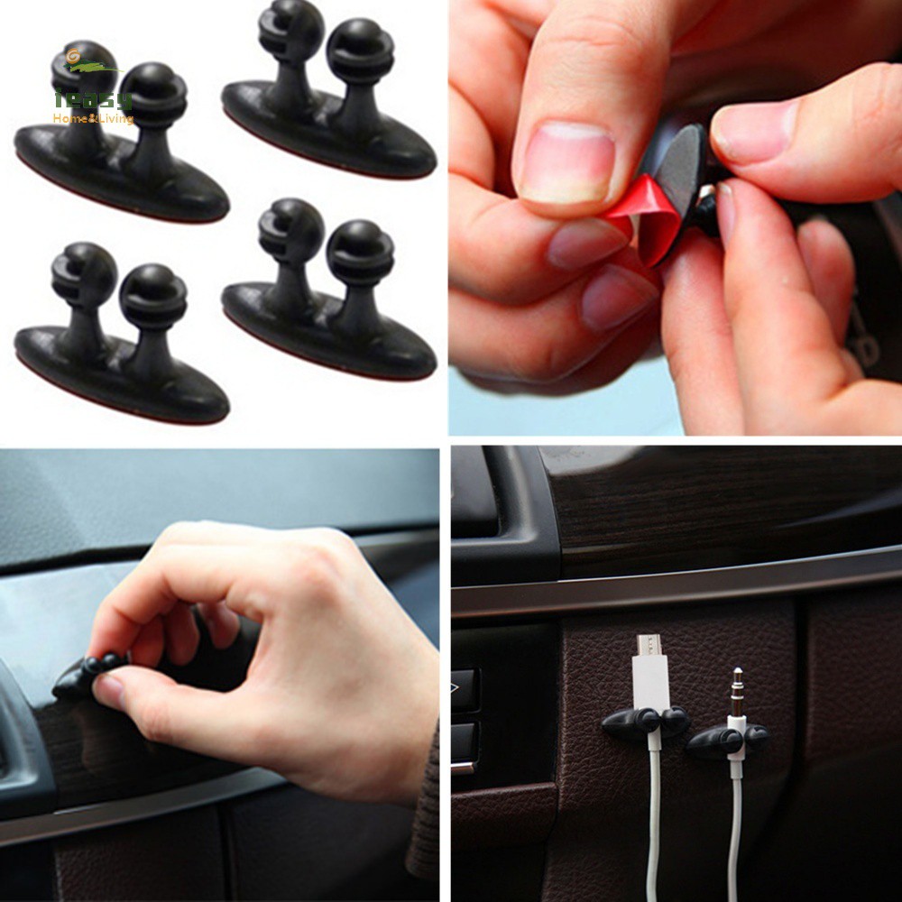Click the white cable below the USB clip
[653, 812]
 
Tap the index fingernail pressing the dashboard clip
[108, 691]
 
